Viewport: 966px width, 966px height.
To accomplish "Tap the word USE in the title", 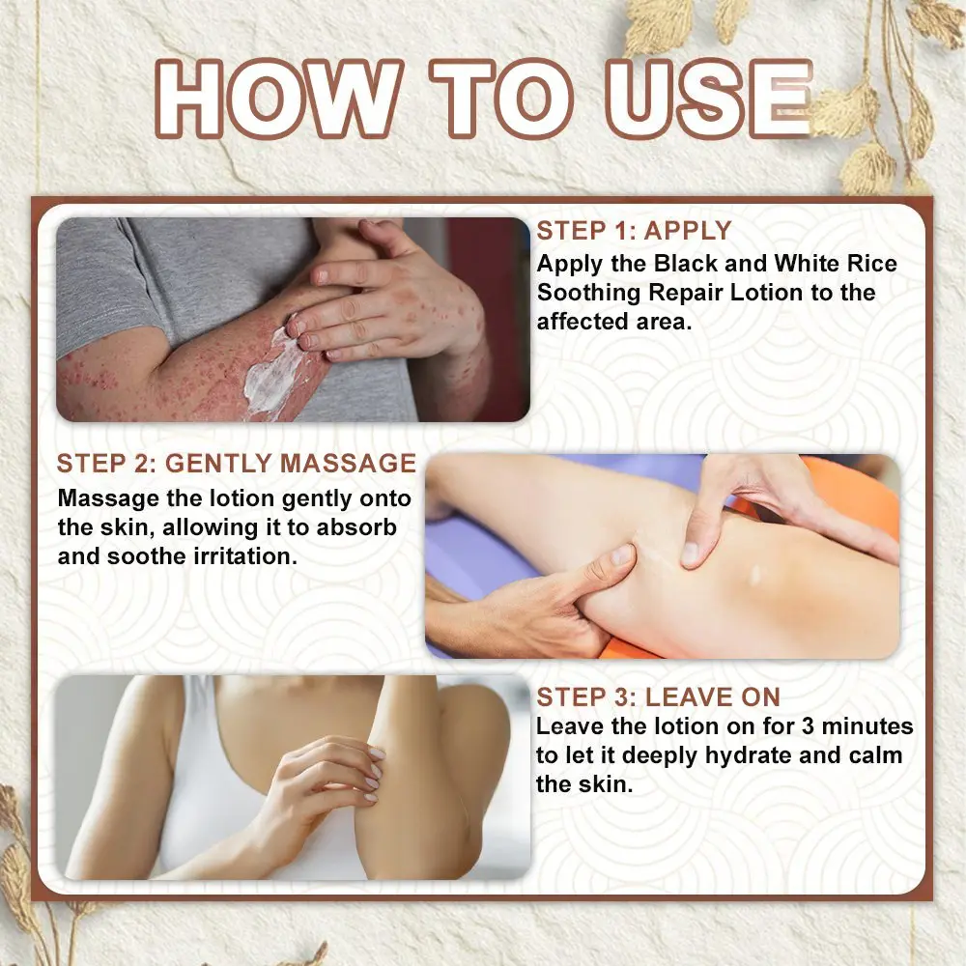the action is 709,99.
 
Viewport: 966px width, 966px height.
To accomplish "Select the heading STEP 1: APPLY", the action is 634,231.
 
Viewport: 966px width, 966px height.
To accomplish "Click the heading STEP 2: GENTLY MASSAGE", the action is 237,464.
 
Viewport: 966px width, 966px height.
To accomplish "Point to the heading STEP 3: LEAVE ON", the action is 658,696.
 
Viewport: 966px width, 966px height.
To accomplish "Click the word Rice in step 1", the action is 871,264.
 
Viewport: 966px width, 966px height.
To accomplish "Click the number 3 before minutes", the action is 808,726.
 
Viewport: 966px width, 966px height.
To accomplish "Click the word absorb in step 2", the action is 356,527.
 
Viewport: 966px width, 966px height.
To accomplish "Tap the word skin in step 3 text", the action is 607,784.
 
